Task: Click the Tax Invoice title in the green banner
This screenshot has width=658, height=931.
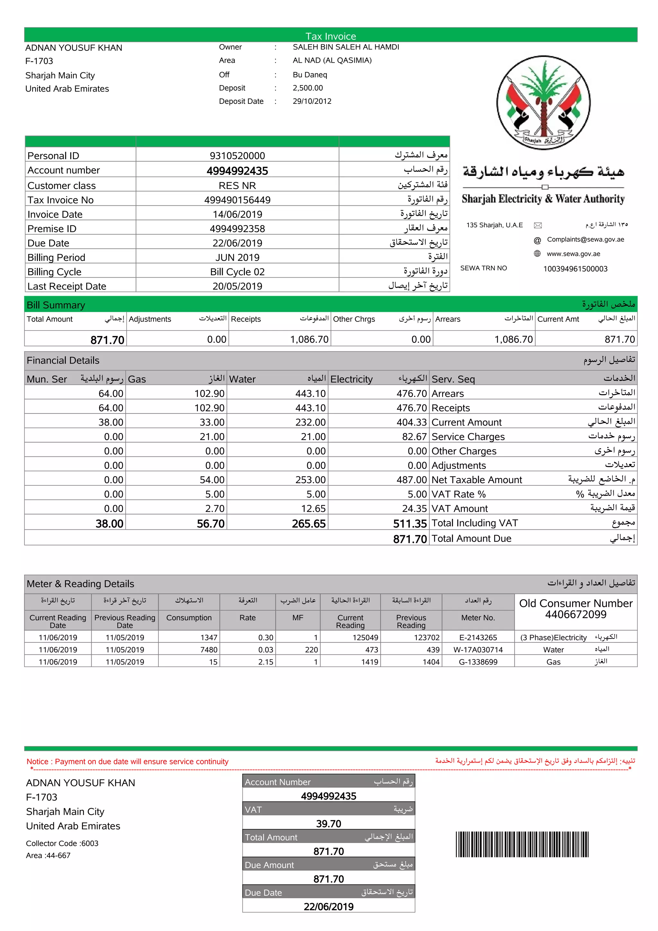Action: pos(330,36)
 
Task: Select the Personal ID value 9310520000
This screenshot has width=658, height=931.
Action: pos(237,156)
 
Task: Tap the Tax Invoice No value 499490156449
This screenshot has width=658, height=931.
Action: pos(237,200)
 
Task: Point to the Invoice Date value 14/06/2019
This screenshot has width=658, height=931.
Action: pos(237,214)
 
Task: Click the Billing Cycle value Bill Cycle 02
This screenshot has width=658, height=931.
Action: pos(237,272)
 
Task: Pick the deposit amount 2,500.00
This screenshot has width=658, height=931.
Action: pos(307,88)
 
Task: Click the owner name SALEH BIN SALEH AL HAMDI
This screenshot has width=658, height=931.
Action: pos(346,47)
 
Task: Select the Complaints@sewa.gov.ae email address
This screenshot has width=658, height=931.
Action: pos(585,239)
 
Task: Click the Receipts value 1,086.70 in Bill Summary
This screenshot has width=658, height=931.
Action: pos(309,339)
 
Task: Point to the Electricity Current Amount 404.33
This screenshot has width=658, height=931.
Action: pos(411,422)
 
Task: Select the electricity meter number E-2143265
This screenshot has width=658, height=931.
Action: pos(478,637)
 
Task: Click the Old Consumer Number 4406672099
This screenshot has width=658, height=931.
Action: pos(575,614)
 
